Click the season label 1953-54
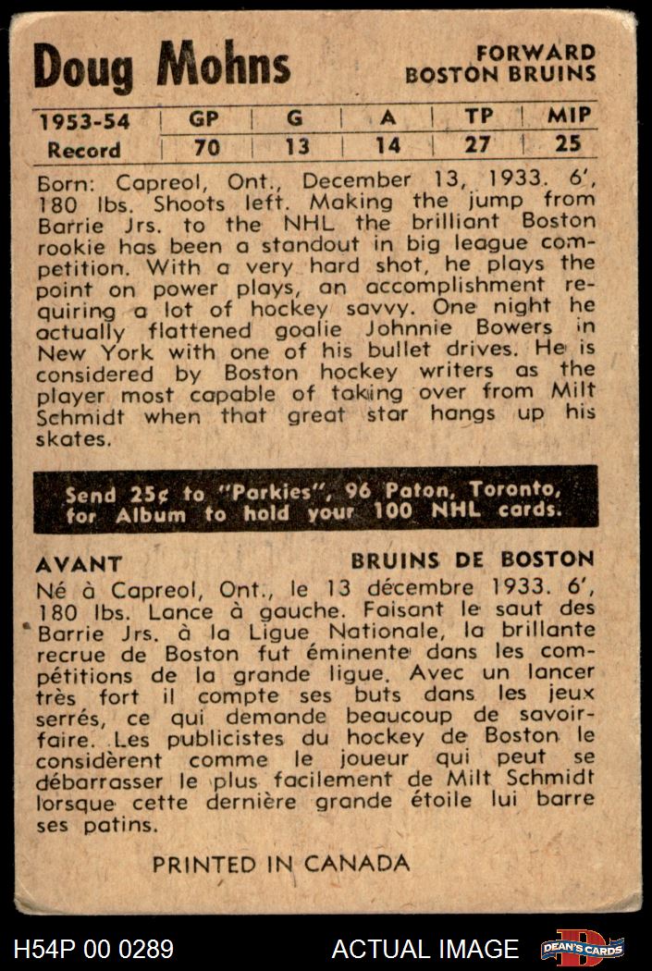click(x=83, y=120)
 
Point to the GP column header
click(x=203, y=118)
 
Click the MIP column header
click(x=570, y=117)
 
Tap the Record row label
click(x=84, y=149)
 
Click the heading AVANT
click(x=79, y=563)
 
